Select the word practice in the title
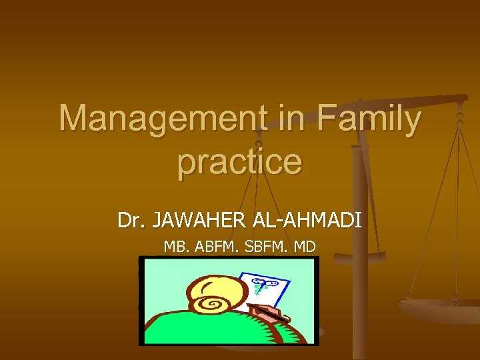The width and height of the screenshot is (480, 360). pyautogui.click(x=239, y=161)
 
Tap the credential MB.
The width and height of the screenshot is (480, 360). pyautogui.click(x=177, y=247)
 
